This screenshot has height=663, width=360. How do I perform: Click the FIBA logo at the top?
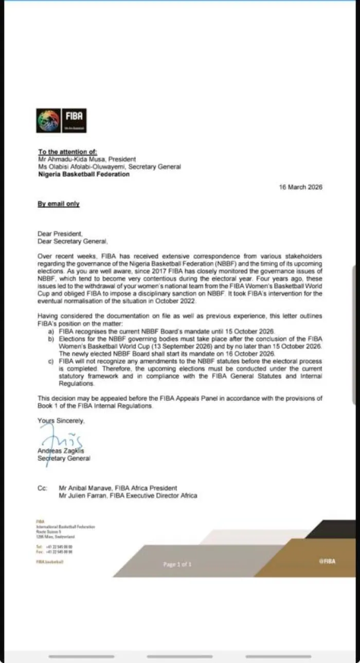[x=61, y=120]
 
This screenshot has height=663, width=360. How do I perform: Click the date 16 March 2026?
[x=300, y=187]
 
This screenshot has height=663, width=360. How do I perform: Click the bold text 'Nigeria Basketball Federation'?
[x=84, y=174]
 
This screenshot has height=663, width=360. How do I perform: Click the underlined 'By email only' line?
[x=59, y=204]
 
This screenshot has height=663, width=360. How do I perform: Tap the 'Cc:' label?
[x=43, y=488]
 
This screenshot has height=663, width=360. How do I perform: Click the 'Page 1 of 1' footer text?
[x=177, y=564]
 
